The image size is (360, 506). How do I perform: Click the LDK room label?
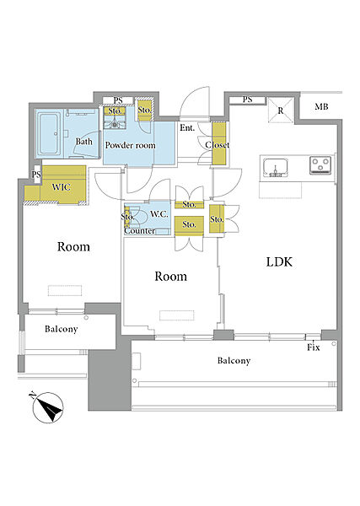tap(279, 261)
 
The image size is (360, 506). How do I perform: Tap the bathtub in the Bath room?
tap(49, 133)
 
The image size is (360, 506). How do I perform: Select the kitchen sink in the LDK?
tap(275, 168)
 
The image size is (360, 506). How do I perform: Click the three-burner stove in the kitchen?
tap(320, 165)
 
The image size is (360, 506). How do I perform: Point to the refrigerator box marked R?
tap(281, 110)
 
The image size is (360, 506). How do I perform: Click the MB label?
tap(321, 106)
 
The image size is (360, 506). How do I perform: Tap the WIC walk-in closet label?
tap(61, 187)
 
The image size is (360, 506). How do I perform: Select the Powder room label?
tap(131, 145)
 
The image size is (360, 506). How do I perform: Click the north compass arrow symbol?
tap(48, 407)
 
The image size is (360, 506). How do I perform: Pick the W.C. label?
tap(159, 213)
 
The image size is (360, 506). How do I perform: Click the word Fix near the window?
tap(314, 347)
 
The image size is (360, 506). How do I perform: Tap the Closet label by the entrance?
tap(218, 145)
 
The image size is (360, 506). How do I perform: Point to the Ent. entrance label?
tap(187, 128)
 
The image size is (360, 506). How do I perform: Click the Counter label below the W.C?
tap(140, 231)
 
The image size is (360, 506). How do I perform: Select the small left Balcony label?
tap(62, 329)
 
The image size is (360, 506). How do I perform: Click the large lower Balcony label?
tap(234, 360)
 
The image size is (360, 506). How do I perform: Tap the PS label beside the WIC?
tap(36, 175)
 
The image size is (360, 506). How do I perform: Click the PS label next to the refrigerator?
tap(247, 100)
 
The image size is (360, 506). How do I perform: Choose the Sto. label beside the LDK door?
tap(217, 219)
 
